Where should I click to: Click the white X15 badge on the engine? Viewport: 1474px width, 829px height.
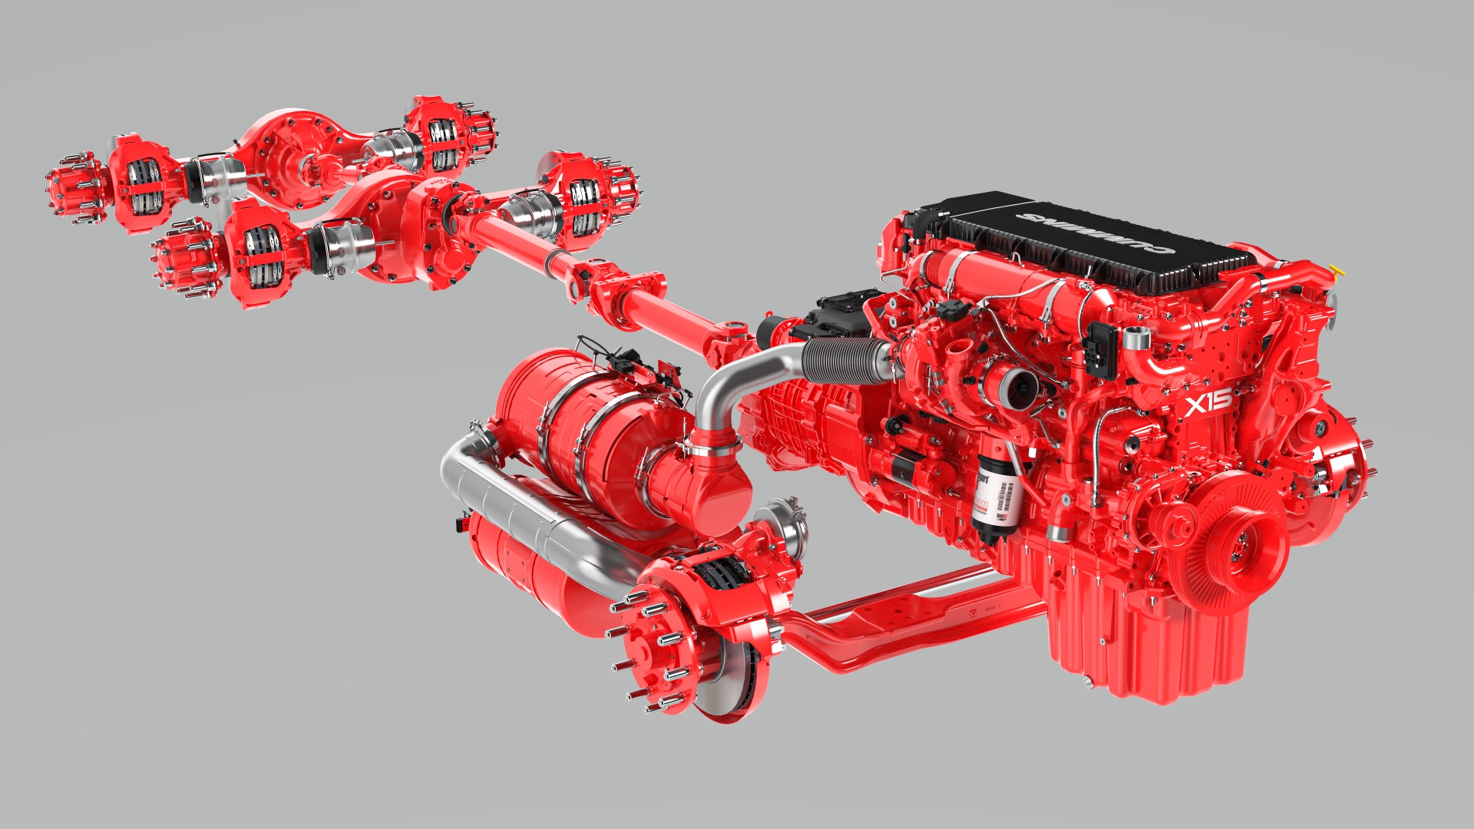[1208, 401]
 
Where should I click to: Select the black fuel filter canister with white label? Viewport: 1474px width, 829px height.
[996, 495]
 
